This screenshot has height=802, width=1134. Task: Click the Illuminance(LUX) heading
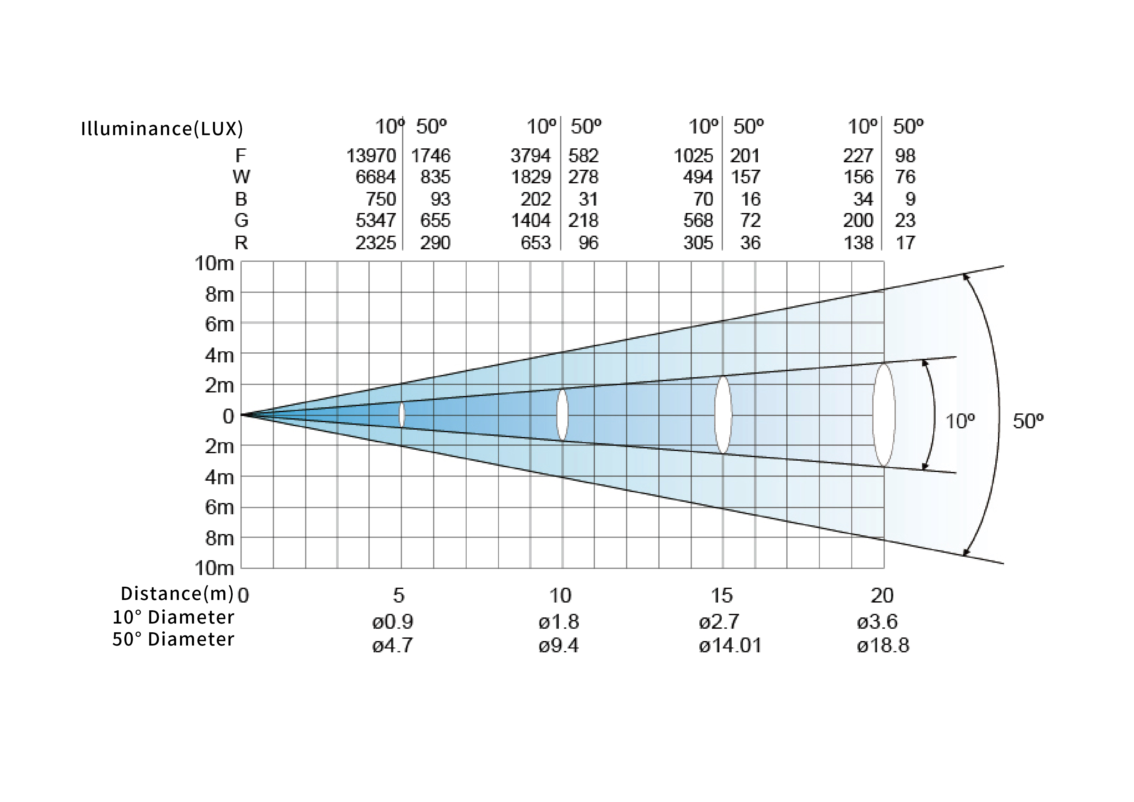162,128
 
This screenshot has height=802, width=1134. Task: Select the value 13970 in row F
371,156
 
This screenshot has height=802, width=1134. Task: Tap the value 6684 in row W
376,177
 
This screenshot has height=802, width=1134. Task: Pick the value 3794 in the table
530,156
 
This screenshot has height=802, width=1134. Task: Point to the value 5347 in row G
376,220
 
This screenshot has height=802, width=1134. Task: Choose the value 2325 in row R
376,243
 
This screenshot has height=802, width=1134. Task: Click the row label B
241,199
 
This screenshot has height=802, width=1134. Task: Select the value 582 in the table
583,156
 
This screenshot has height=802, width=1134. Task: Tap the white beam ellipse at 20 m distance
884,415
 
